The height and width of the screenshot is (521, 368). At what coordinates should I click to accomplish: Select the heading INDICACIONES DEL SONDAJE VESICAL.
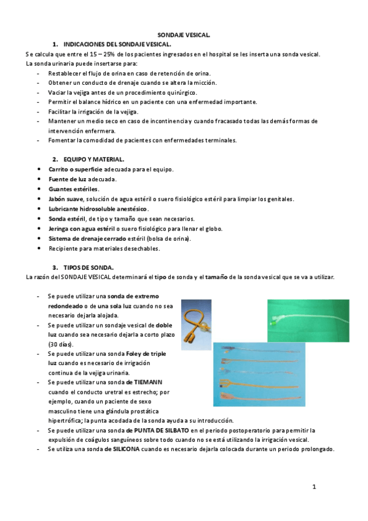pos(117,45)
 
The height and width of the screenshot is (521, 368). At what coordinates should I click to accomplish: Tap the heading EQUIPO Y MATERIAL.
pos(93,159)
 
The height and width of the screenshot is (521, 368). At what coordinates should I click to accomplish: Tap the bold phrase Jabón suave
pos(66,198)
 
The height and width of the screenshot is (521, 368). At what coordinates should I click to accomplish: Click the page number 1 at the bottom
pos(313,487)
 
